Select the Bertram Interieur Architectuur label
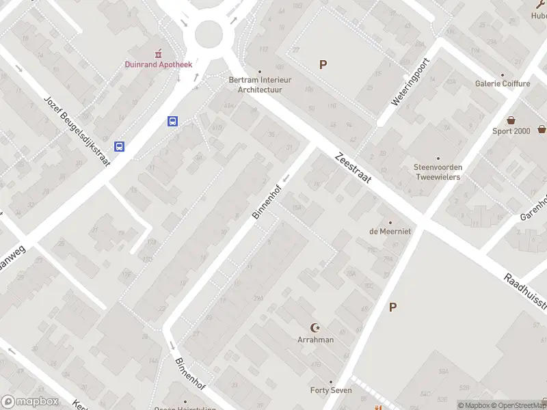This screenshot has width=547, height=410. (260, 84)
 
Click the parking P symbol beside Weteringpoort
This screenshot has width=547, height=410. (323, 64)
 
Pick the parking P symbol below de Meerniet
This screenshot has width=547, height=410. (392, 307)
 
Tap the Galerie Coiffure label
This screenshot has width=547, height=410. (503, 83)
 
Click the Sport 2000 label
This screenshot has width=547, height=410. (511, 131)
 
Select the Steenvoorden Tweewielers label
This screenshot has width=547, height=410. (438, 172)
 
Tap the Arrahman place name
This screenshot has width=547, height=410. (315, 340)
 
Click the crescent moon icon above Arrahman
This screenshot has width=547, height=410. (315, 328)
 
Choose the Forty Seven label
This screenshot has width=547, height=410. (331, 390)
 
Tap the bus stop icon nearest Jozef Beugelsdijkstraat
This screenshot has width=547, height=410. (120, 146)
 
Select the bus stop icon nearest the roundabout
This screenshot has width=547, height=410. (173, 122)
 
